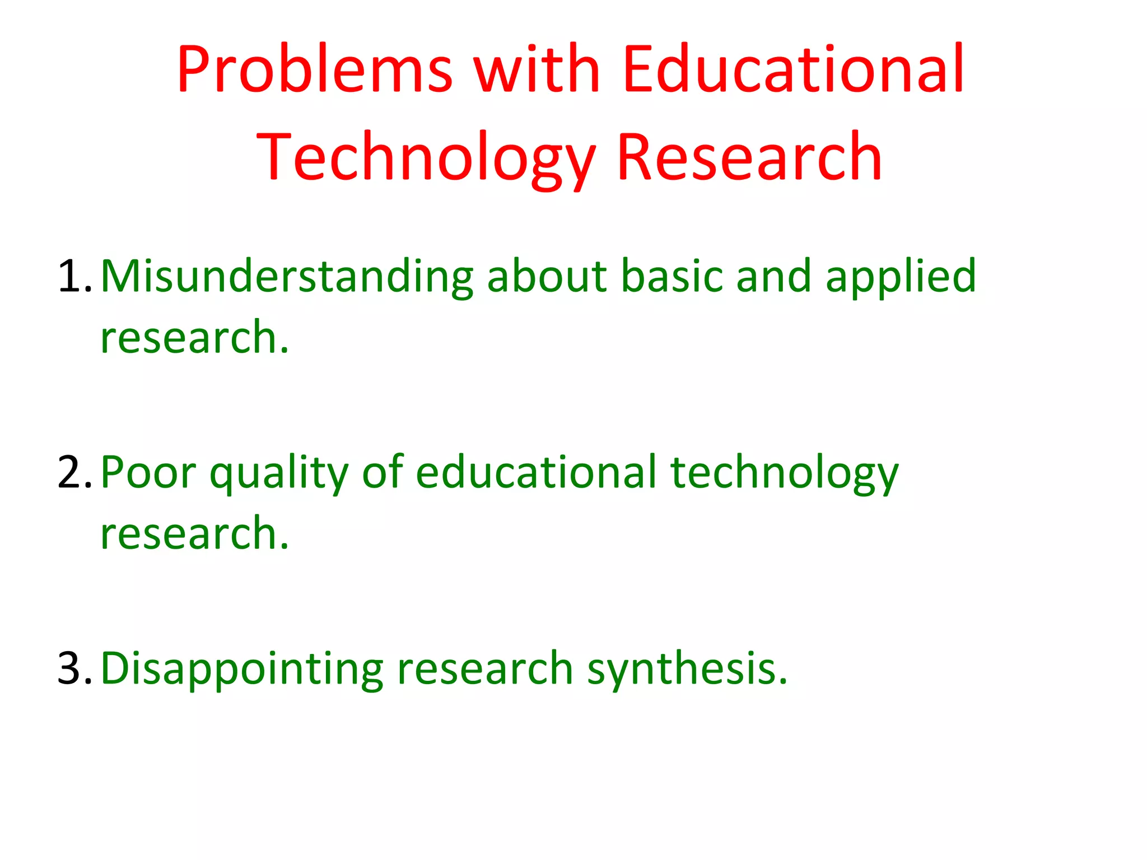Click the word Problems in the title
(314, 70)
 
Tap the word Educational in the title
(793, 70)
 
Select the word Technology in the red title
(426, 158)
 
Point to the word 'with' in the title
(537, 70)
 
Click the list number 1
(73, 276)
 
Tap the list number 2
(73, 472)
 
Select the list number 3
(73, 668)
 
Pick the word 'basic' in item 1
(672, 276)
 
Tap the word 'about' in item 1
(547, 276)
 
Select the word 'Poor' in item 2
(148, 472)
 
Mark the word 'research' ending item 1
(194, 338)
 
